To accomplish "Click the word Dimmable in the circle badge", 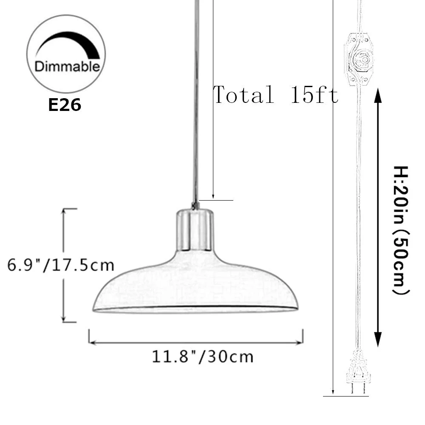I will (67, 67).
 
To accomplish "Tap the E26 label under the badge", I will (65, 105).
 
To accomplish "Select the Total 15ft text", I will (275, 94).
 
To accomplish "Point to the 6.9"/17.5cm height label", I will (61, 265).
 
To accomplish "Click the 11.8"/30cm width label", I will (203, 356).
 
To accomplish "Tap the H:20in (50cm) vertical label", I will (399, 229).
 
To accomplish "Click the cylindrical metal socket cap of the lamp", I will (194, 229).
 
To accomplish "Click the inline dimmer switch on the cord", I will (360, 59).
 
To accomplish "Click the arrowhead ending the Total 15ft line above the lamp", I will (213, 196).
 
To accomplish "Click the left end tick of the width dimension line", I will (89, 336).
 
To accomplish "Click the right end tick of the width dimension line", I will (303, 336).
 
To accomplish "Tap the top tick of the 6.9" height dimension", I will (69, 209).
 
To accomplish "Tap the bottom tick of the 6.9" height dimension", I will (69, 322).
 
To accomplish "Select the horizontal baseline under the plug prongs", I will (345, 396).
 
